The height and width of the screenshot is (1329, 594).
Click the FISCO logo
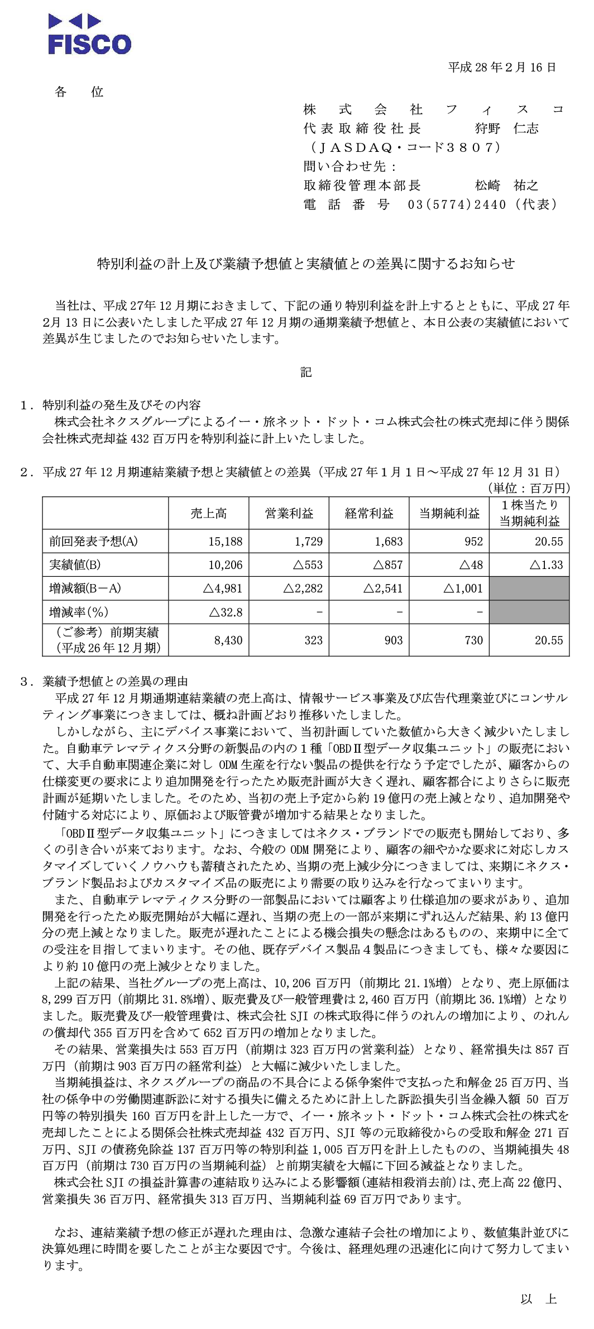coord(89,35)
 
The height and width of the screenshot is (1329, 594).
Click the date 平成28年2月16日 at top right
coord(502,68)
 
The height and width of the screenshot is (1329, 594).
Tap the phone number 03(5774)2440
coord(457,204)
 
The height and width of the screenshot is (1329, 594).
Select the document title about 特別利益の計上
coord(306,264)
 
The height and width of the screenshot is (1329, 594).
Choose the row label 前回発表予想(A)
coord(93,541)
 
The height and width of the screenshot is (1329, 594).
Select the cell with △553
coord(308,565)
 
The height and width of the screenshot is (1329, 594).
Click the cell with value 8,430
coord(228,640)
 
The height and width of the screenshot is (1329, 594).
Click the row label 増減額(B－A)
coord(85,589)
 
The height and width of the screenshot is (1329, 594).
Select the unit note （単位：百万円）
coord(528,489)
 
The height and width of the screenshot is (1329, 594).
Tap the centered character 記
coord(306,372)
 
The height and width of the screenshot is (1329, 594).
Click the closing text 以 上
coord(539,1299)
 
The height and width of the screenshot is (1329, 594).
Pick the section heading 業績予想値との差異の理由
coord(115,681)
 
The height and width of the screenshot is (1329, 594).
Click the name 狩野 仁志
coord(506,129)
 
